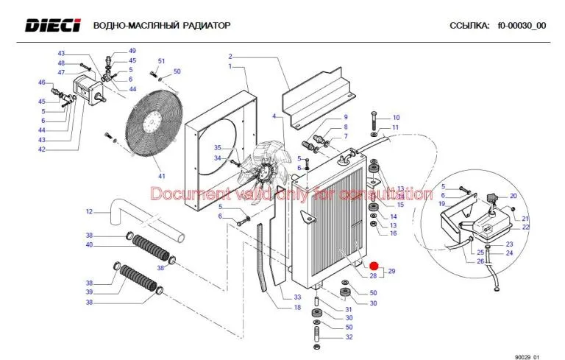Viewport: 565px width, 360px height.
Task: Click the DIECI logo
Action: [53, 26]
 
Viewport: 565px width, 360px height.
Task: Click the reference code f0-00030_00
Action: [522, 26]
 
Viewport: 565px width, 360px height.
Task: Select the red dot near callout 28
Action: [373, 266]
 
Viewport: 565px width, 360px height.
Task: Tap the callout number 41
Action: [162, 176]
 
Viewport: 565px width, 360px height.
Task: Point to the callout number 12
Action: [89, 212]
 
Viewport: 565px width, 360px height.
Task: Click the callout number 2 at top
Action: [230, 57]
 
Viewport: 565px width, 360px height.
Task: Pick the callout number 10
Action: [395, 118]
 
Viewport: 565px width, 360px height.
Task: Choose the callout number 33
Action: [297, 297]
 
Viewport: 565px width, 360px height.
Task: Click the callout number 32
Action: [349, 337]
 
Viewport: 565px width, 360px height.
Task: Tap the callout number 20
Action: [514, 196]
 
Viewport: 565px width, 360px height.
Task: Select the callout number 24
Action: [509, 254]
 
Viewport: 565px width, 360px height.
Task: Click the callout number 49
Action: [132, 50]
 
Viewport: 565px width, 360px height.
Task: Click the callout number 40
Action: [89, 245]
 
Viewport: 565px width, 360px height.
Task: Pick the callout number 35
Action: [217, 148]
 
